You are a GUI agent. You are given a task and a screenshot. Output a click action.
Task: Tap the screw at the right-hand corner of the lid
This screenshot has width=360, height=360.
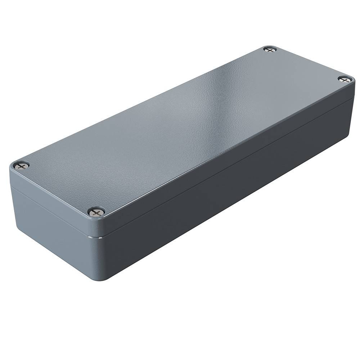pyautogui.click(x=345, y=79)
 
